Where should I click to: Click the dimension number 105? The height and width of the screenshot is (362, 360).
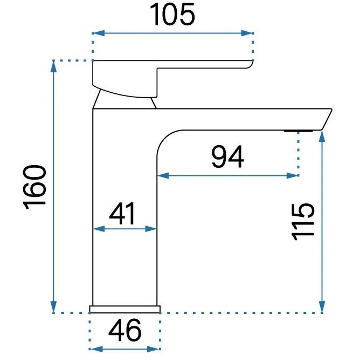[x=172, y=15]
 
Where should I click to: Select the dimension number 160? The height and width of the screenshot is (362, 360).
[x=35, y=187]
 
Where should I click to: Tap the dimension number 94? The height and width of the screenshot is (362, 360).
[x=227, y=157]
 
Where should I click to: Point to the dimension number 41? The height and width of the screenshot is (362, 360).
[x=122, y=214]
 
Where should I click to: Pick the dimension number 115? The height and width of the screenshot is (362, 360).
[x=303, y=222]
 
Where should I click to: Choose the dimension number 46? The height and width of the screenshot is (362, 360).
[x=124, y=330]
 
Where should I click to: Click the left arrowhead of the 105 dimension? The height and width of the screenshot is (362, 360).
[x=98, y=33]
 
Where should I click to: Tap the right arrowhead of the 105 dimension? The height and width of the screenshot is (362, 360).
[x=247, y=33]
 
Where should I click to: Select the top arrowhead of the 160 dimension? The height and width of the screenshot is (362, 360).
[x=53, y=66]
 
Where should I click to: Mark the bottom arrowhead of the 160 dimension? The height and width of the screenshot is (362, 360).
[x=53, y=307]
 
